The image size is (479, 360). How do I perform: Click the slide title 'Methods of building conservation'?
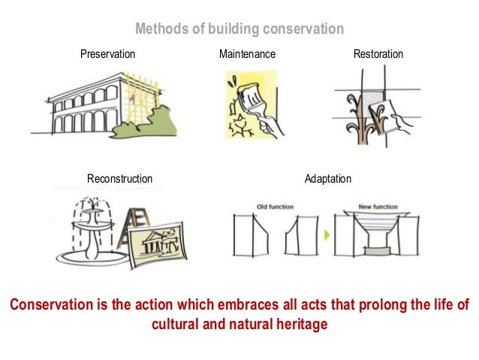[x=239, y=29]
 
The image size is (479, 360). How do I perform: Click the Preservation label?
[x=107, y=54]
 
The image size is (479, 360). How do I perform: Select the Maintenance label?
[x=247, y=54]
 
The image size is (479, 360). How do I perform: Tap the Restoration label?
[x=378, y=54]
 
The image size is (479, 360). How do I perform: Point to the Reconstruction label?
[x=119, y=179]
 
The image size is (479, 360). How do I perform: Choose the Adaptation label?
[x=327, y=179]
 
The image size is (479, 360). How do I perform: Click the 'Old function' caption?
[x=275, y=207]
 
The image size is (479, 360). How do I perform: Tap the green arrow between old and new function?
[x=327, y=235]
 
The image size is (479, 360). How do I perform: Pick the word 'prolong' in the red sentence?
[x=356, y=304]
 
